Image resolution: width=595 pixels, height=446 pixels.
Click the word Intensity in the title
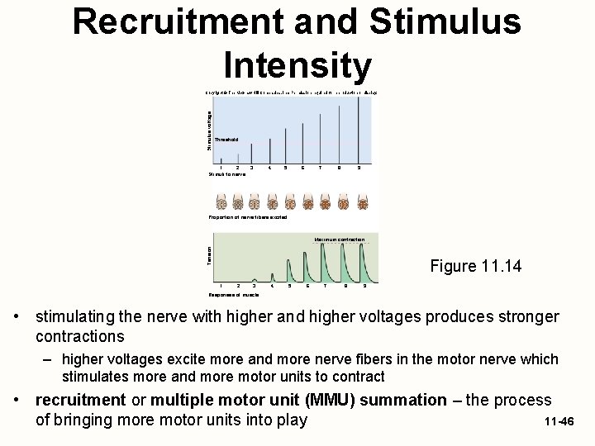tap(297, 64)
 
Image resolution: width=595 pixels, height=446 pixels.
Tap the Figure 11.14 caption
tap(476, 266)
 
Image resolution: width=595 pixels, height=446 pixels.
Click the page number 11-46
tap(559, 422)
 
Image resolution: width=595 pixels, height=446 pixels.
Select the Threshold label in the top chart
tap(226, 140)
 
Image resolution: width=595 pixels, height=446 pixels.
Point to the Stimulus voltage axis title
tap(209, 130)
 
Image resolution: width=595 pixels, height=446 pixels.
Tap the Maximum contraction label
tap(339, 240)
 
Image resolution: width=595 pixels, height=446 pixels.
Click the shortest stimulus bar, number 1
tap(221, 160)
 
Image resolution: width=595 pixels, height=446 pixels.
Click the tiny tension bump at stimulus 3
tap(255, 280)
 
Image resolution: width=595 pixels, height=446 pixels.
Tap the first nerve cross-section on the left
tap(221, 202)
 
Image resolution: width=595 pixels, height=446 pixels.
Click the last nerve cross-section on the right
tap(362, 202)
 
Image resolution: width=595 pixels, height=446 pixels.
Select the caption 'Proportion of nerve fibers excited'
tap(248, 217)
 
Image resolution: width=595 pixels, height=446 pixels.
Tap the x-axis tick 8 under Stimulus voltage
tap(338, 168)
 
